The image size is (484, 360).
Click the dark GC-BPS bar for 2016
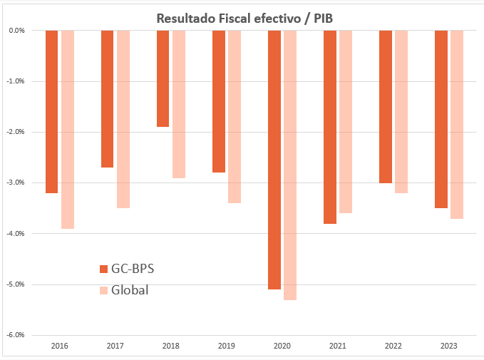pyautogui.click(x=51, y=111)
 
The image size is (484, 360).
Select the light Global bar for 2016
pyautogui.click(x=68, y=129)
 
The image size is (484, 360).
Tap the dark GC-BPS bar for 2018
pyautogui.click(x=163, y=78)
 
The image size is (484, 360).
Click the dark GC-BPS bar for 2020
pyautogui.click(x=274, y=160)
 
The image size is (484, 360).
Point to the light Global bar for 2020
pyautogui.click(x=290, y=165)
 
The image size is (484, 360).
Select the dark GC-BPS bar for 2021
pyautogui.click(x=329, y=127)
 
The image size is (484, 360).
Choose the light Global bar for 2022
pyautogui.click(x=401, y=111)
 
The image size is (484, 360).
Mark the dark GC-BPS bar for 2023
pyautogui.click(x=441, y=119)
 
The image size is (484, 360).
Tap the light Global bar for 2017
pyautogui.click(x=123, y=119)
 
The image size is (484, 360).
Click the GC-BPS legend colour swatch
pyautogui.click(x=103, y=269)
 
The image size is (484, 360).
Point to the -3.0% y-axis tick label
pyautogui.click(x=16, y=182)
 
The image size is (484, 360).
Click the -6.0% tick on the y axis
pyautogui.click(x=16, y=335)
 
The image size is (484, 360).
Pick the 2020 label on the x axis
pyautogui.click(x=282, y=346)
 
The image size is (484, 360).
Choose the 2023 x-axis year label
pyautogui.click(x=449, y=346)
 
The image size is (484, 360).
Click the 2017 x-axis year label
pyautogui.click(x=115, y=346)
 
